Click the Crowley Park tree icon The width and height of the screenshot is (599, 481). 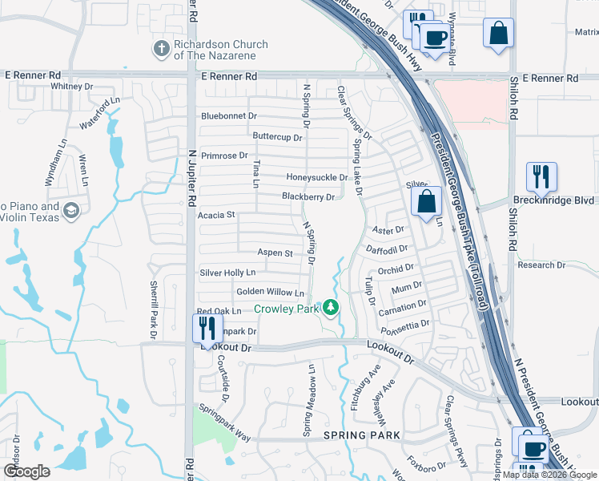pos(329,307)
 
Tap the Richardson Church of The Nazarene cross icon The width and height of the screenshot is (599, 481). pos(160,50)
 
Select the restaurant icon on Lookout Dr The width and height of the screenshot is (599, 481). pos(207,329)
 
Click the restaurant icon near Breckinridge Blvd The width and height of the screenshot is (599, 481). pos(541,177)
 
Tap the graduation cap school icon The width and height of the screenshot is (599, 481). pos(70,211)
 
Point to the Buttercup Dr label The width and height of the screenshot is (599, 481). pos(277,137)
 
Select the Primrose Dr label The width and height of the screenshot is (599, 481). pos(225,156)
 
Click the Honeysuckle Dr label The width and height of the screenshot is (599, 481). pos(316,177)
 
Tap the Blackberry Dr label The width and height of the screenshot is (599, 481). pos(308,196)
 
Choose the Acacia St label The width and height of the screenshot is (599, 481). pos(216,215)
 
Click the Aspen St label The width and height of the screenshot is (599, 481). pos(275,253)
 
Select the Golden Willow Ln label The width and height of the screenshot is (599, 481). pos(270,293)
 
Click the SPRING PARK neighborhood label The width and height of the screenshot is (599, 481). pos(360,435)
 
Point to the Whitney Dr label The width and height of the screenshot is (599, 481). pos(71,86)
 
